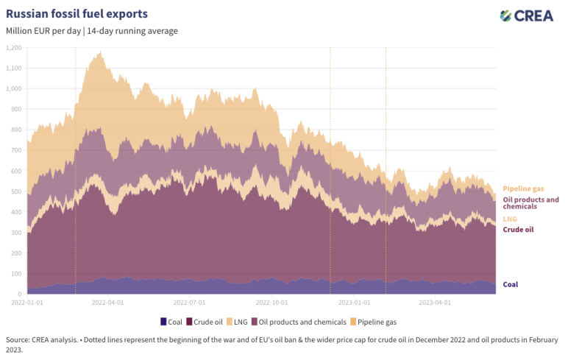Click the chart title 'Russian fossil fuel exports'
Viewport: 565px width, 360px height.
[77, 14]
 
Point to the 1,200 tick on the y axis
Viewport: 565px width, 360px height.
[13, 48]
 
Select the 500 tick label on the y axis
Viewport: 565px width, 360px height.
[15, 191]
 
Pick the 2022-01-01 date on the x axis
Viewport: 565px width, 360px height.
[27, 302]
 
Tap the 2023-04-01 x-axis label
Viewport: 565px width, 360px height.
[435, 302]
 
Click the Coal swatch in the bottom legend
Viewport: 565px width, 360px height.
[163, 321]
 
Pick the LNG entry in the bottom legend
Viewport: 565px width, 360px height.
[234, 321]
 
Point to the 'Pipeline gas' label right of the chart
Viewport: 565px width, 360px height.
[524, 189]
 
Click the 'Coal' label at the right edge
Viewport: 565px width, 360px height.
[511, 284]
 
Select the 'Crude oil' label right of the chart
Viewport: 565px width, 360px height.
[518, 230]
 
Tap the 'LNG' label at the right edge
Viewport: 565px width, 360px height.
[510, 219]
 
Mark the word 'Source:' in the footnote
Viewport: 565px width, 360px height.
[18, 339]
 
